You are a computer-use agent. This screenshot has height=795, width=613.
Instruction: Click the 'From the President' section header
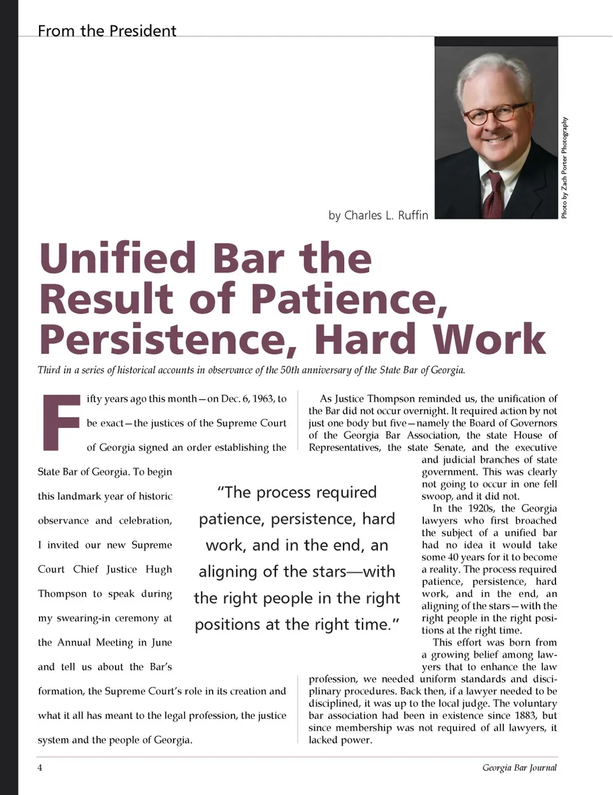coord(107,31)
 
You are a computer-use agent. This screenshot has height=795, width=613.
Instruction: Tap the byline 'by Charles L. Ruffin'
coord(378,215)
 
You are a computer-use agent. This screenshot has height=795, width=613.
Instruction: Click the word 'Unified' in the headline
coord(117,258)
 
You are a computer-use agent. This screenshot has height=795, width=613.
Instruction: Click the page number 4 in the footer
coord(40,768)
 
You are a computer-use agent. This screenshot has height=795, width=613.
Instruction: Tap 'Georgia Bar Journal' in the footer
coord(519,768)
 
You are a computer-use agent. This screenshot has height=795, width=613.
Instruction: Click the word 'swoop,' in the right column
coord(437,496)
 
